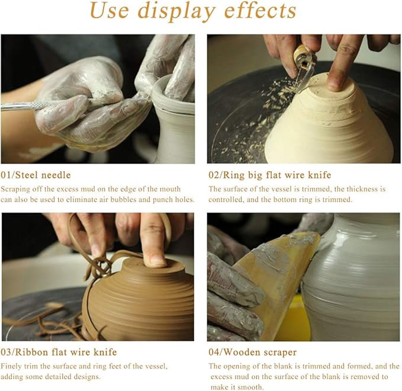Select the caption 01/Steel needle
pyautogui.click(x=36, y=175)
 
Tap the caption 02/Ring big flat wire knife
pyautogui.click(x=270, y=175)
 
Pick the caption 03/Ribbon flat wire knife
pyautogui.click(x=59, y=352)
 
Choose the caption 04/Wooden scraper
pyautogui.click(x=253, y=352)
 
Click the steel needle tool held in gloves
pyautogui.click(x=36, y=105)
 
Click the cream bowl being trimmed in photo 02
pyautogui.click(x=329, y=127)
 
